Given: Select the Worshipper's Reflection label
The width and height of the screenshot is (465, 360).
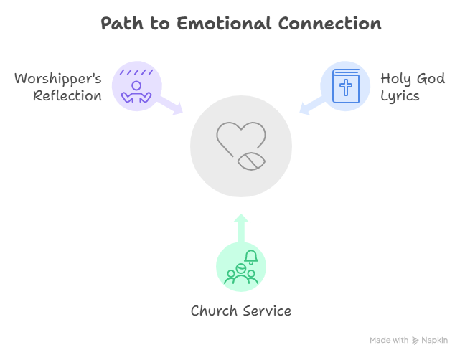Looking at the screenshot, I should point(59,86).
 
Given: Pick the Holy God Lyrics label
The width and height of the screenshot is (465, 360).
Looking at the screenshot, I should point(412,86).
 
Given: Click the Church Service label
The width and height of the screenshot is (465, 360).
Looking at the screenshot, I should point(240,311).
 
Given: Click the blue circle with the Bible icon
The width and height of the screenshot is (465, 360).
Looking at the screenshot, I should point(345,86).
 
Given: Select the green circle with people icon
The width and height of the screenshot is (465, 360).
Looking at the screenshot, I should point(240,267).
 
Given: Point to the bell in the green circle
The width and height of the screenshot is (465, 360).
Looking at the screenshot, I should point(251,256).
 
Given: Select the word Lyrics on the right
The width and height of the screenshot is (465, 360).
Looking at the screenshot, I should point(400,95).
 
